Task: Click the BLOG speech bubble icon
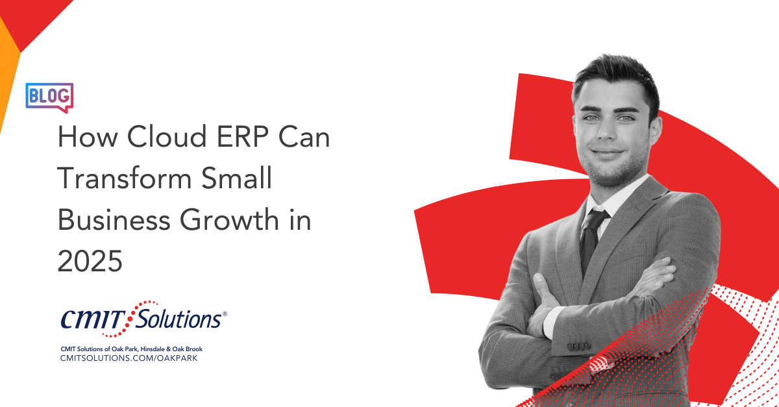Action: click(x=49, y=97)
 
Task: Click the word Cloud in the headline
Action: click(x=167, y=136)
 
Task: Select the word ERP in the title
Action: click(x=242, y=136)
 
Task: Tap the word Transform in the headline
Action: click(x=125, y=178)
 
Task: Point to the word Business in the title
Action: click(x=114, y=219)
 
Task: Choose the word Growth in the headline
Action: click(x=229, y=219)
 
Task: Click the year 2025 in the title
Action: click(x=90, y=261)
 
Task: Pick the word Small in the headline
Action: click(x=236, y=178)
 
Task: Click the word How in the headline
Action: click(x=88, y=136)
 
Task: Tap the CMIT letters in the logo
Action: click(x=92, y=319)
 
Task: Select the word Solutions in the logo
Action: click(x=178, y=319)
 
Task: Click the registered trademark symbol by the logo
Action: click(x=225, y=314)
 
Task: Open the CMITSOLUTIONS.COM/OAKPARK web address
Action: click(x=129, y=358)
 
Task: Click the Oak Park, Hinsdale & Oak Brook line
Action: click(x=131, y=349)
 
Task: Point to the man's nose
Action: click(x=607, y=129)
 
